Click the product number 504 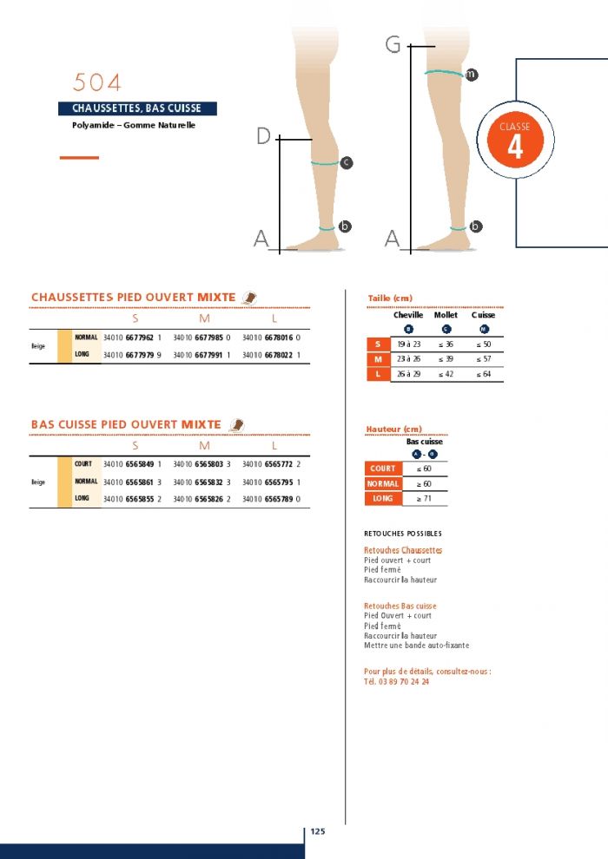pyautogui.click(x=96, y=82)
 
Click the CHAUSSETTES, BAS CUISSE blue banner pyautogui.click(x=136, y=108)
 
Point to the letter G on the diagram pyautogui.click(x=393, y=45)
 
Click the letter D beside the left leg pyautogui.click(x=264, y=136)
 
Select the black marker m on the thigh pyautogui.click(x=471, y=75)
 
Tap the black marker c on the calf pyautogui.click(x=346, y=162)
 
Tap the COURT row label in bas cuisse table pyautogui.click(x=83, y=464)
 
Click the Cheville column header pyautogui.click(x=408, y=315)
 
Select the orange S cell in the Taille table pyautogui.click(x=377, y=344)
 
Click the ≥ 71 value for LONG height pyautogui.click(x=423, y=499)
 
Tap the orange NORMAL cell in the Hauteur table pyautogui.click(x=382, y=483)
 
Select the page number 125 pyautogui.click(x=318, y=831)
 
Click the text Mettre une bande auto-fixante pyautogui.click(x=416, y=645)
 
